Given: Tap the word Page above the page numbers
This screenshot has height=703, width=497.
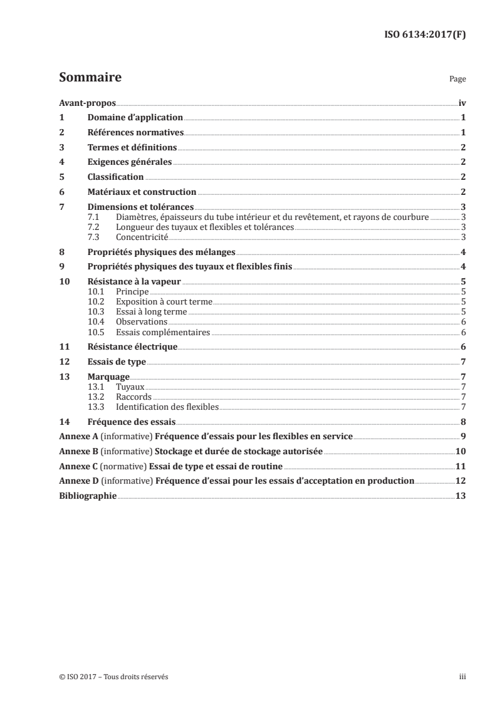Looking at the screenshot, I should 458,80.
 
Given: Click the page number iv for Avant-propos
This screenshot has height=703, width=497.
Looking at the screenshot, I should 461,103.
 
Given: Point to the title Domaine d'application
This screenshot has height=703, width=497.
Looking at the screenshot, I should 135,118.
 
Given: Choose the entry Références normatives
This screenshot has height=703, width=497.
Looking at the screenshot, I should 135,133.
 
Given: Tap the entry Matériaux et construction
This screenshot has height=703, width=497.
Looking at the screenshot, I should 142,192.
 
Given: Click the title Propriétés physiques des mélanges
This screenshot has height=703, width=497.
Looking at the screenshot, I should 161,252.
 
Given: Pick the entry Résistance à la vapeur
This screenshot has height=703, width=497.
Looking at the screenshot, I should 130,282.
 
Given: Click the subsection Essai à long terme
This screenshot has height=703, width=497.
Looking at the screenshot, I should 152,312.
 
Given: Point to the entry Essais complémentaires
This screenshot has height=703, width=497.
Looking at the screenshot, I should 163,332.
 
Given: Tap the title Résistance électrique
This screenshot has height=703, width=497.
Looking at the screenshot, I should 132,347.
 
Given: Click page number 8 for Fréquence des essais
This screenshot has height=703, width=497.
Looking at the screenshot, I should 463,422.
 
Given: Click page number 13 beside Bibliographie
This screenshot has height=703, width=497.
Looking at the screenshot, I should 461,497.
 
